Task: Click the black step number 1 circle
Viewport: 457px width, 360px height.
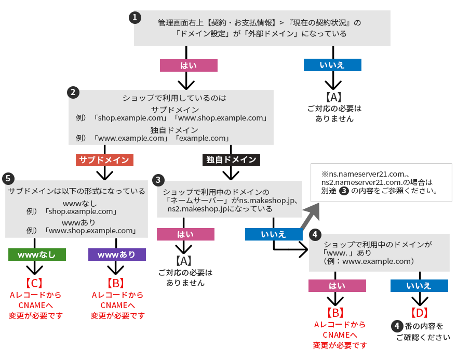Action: tap(135, 17)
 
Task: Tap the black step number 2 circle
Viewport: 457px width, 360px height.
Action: tap(73, 92)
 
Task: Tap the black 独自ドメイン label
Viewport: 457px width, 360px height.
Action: tap(231, 159)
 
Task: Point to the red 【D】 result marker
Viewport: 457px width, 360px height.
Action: tap(419, 313)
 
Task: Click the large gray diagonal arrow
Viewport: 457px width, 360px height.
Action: tap(310, 215)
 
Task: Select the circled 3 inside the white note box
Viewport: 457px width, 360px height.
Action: tap(343, 191)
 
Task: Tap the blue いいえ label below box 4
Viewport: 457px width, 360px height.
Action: tap(419, 285)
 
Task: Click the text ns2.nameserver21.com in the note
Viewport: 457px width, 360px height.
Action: tap(358, 182)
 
